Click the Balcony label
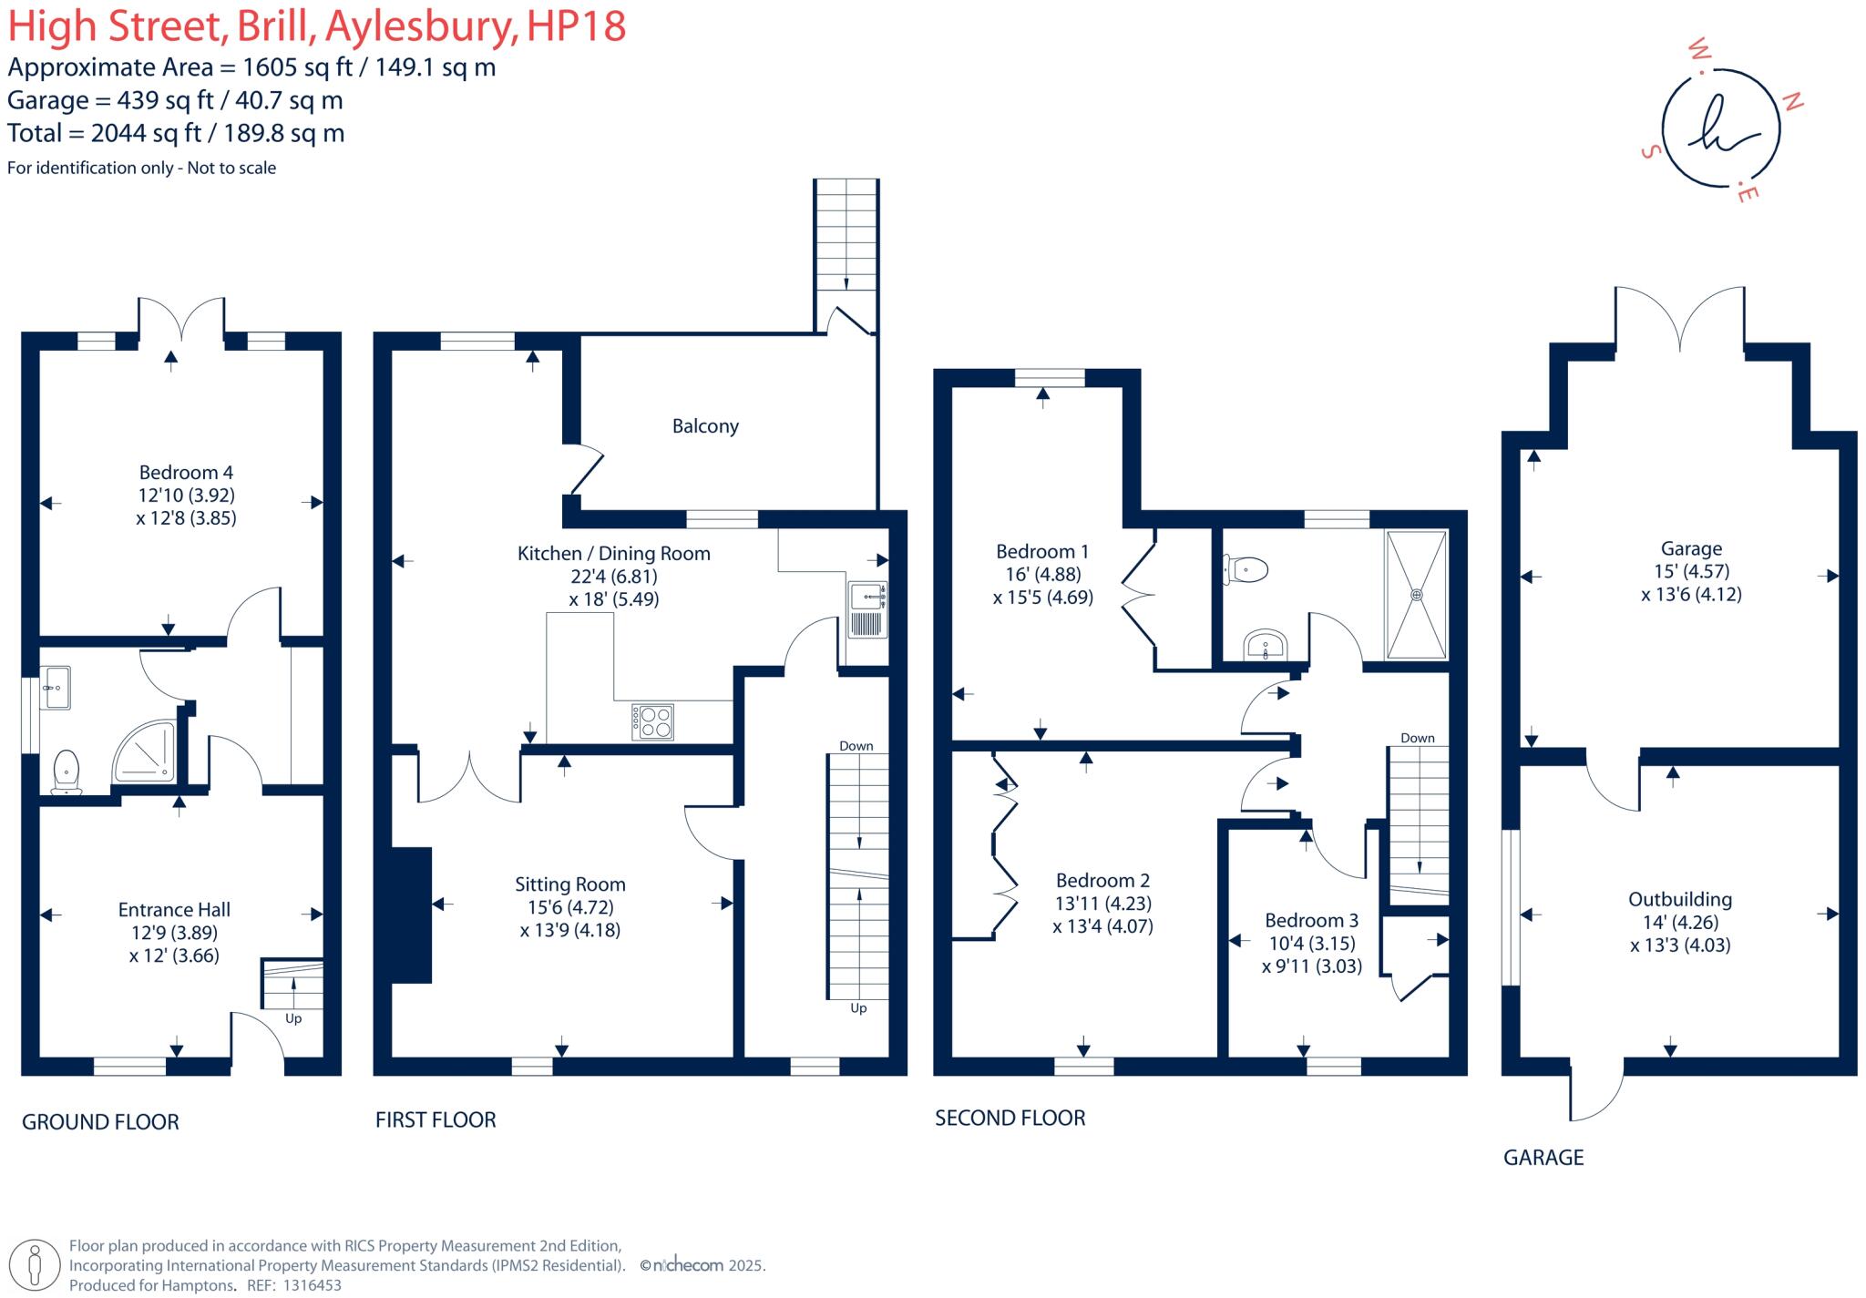tap(705, 426)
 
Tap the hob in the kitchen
tap(652, 722)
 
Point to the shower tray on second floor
tap(1416, 595)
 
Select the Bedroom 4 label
tap(186, 472)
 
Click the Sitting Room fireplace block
tap(411, 915)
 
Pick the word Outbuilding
tap(1680, 899)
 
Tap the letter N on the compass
tap(1792, 102)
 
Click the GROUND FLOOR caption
tap(100, 1122)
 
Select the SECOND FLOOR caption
tap(1010, 1119)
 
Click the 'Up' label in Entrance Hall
tap(293, 1018)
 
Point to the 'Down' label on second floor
tap(1418, 738)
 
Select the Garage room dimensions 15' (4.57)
tap(1691, 571)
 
